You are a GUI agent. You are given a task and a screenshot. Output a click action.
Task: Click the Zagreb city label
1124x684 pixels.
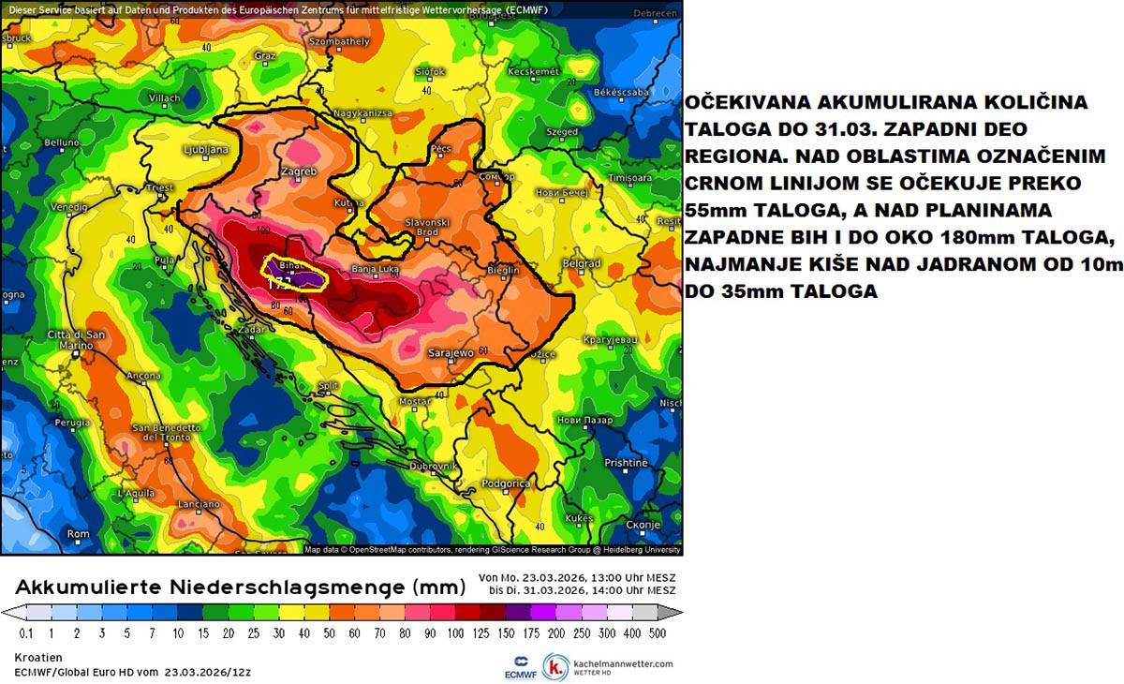point(299,171)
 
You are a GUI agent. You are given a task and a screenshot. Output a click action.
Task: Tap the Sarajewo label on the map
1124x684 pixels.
point(451,353)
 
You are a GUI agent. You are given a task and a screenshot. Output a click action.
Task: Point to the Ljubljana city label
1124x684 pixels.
point(205,149)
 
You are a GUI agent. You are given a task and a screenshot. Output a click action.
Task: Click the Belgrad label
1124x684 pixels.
point(581,264)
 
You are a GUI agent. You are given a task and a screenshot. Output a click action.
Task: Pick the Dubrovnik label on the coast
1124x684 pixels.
point(433,466)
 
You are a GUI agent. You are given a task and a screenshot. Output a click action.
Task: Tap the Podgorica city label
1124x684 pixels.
point(505,483)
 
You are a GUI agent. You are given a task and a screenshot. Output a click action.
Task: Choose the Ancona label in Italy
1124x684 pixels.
point(143,376)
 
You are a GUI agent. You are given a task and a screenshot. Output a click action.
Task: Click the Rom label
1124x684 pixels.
point(79,534)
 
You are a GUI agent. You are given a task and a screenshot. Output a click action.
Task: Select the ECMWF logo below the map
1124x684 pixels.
point(520,666)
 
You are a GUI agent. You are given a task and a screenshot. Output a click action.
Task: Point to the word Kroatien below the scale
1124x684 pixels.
point(39,658)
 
